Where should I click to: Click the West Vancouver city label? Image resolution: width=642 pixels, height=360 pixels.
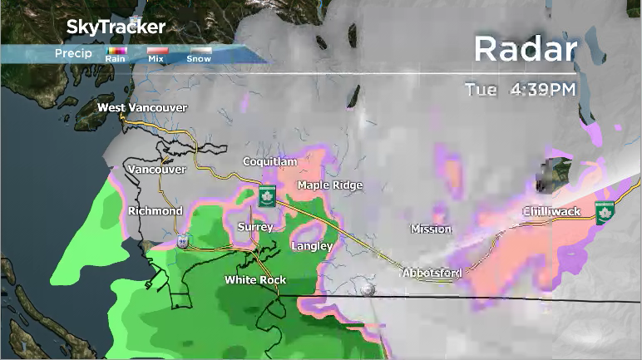pyautogui.click(x=142, y=108)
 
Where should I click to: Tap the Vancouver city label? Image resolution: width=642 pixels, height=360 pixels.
pyautogui.click(x=156, y=170)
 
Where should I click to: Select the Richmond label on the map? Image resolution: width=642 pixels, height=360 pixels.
pyautogui.click(x=155, y=211)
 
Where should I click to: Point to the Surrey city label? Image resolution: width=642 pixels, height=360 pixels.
pyautogui.click(x=254, y=227)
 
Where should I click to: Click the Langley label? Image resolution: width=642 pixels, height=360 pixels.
pyautogui.click(x=312, y=246)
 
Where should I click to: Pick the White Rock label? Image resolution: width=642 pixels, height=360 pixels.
pyautogui.click(x=255, y=280)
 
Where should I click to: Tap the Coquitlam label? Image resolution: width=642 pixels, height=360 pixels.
pyautogui.click(x=269, y=161)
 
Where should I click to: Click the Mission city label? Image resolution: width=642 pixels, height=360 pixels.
pyautogui.click(x=431, y=229)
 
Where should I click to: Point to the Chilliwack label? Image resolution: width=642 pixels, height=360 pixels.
pyautogui.click(x=551, y=212)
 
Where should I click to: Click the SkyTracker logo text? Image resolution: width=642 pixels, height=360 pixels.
pyautogui.click(x=115, y=27)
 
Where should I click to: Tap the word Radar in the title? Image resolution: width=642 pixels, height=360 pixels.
pyautogui.click(x=525, y=50)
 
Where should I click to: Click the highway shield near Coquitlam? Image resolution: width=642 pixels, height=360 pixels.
pyautogui.click(x=266, y=196)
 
